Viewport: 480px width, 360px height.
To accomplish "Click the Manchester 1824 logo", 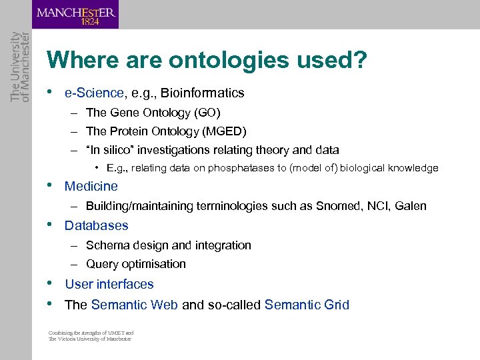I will [75, 15].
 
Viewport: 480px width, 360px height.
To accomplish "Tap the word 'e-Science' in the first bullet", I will [94, 93].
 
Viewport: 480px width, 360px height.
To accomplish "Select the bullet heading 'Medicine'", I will [91, 187].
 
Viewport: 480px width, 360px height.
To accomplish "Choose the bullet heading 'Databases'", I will [96, 225].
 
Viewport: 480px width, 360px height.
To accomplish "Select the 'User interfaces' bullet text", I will [109, 284].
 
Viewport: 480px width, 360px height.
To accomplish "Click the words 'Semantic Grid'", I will [307, 305].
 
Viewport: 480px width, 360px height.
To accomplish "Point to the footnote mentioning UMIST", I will [91, 336].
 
